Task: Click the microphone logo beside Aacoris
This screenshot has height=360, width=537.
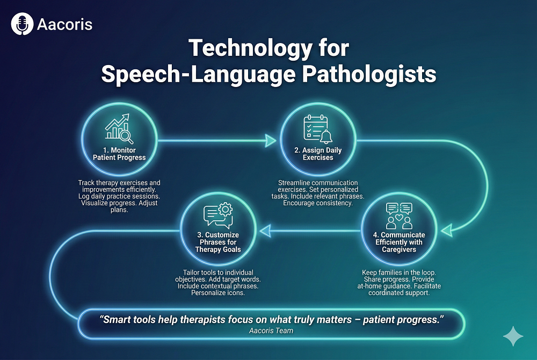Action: (x=22, y=24)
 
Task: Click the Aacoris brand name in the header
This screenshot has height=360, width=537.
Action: (x=64, y=24)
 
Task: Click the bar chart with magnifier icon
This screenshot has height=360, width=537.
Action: (x=119, y=129)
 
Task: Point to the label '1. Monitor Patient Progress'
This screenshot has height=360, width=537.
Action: (x=119, y=154)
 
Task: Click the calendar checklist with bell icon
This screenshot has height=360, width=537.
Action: (x=318, y=129)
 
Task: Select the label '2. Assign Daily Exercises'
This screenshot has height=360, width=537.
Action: (x=318, y=154)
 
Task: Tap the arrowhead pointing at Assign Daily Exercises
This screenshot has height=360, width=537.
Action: (x=271, y=140)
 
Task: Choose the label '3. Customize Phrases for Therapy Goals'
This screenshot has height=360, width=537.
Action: (x=218, y=242)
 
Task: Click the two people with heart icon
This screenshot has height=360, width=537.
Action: (x=399, y=216)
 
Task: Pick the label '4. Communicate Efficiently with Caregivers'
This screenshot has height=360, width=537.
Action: (x=399, y=242)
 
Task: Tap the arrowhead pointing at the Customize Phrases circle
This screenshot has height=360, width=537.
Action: (x=265, y=231)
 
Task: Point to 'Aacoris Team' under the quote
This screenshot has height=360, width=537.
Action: (x=271, y=331)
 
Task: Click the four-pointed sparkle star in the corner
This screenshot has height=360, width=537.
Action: (x=513, y=336)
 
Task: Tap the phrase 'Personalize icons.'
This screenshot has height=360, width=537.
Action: (x=218, y=293)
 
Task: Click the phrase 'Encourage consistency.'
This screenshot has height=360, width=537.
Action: (x=318, y=203)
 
